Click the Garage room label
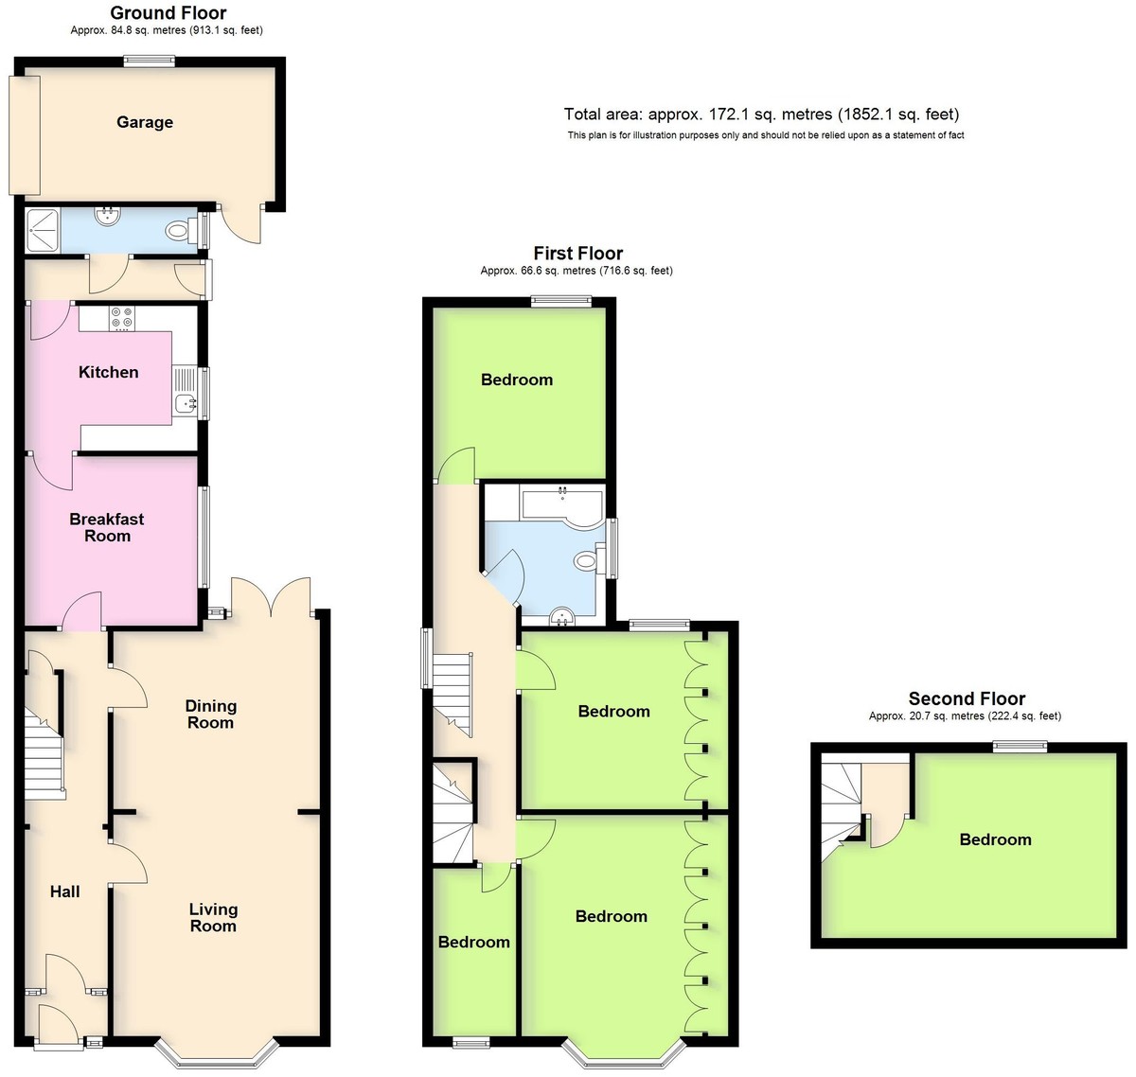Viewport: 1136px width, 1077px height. pyautogui.click(x=145, y=122)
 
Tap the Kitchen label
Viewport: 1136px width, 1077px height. pyautogui.click(x=109, y=372)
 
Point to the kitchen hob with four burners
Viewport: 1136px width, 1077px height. pyautogui.click(x=122, y=318)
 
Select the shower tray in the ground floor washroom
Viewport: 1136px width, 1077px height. pyautogui.click(x=43, y=231)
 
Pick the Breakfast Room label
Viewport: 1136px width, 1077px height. pyautogui.click(x=107, y=527)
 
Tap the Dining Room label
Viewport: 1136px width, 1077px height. pyautogui.click(x=210, y=715)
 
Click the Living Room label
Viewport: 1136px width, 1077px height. pyautogui.click(x=213, y=917)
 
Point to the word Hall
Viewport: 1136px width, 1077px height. pyautogui.click(x=64, y=892)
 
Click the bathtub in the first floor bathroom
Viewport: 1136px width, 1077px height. pyautogui.click(x=562, y=507)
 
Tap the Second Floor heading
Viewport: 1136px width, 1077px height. pyautogui.click(x=967, y=698)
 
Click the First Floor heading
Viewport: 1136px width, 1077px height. pyautogui.click(x=577, y=253)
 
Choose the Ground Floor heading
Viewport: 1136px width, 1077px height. pyautogui.click(x=169, y=12)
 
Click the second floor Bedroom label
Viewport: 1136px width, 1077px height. pyautogui.click(x=995, y=839)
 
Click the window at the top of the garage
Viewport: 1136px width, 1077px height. pyautogui.click(x=149, y=61)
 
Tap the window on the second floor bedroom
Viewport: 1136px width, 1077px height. pyautogui.click(x=1020, y=747)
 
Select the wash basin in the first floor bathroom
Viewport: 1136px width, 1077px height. pyautogui.click(x=562, y=617)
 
